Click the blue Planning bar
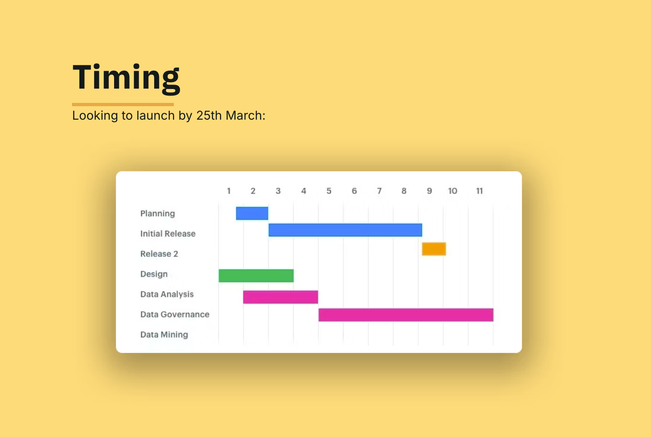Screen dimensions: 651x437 252,213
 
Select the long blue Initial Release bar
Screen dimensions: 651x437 345,230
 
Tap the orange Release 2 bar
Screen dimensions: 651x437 434,249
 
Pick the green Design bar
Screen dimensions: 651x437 256,276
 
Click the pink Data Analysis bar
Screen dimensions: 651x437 281,297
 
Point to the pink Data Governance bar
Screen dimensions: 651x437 406,315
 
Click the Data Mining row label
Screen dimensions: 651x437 164,334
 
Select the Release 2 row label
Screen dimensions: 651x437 159,254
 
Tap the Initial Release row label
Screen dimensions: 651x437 168,234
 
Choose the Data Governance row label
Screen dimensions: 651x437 175,314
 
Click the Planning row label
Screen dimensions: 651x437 157,214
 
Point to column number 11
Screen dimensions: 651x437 479,191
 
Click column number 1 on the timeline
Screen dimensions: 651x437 229,191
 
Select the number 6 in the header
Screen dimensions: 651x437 354,191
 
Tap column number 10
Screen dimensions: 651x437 453,191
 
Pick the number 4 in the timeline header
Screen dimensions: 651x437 303,191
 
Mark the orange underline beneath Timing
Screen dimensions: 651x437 123,105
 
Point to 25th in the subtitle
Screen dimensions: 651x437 209,116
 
